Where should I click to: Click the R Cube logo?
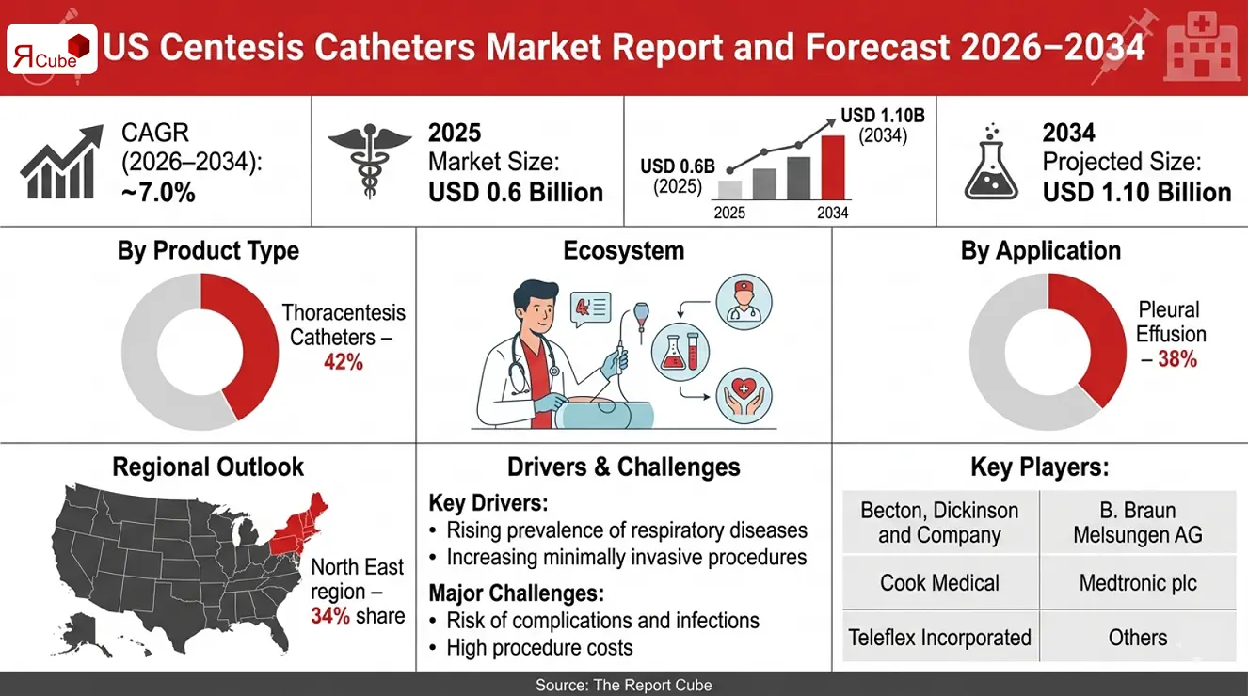(x=52, y=48)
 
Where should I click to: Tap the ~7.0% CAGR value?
(x=158, y=192)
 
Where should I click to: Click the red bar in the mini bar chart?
(x=833, y=166)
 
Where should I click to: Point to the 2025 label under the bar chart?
(x=729, y=213)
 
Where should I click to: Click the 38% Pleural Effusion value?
(x=1171, y=358)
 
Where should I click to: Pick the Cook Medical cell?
(x=939, y=582)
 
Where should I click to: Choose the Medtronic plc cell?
(x=1137, y=582)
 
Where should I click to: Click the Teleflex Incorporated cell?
(x=939, y=637)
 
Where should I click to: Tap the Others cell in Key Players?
(x=1137, y=637)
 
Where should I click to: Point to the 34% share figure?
(x=329, y=616)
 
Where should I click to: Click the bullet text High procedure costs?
(x=539, y=647)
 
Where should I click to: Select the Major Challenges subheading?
(x=516, y=593)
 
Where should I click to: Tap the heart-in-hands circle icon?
(x=744, y=397)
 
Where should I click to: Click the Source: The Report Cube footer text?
(x=624, y=685)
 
